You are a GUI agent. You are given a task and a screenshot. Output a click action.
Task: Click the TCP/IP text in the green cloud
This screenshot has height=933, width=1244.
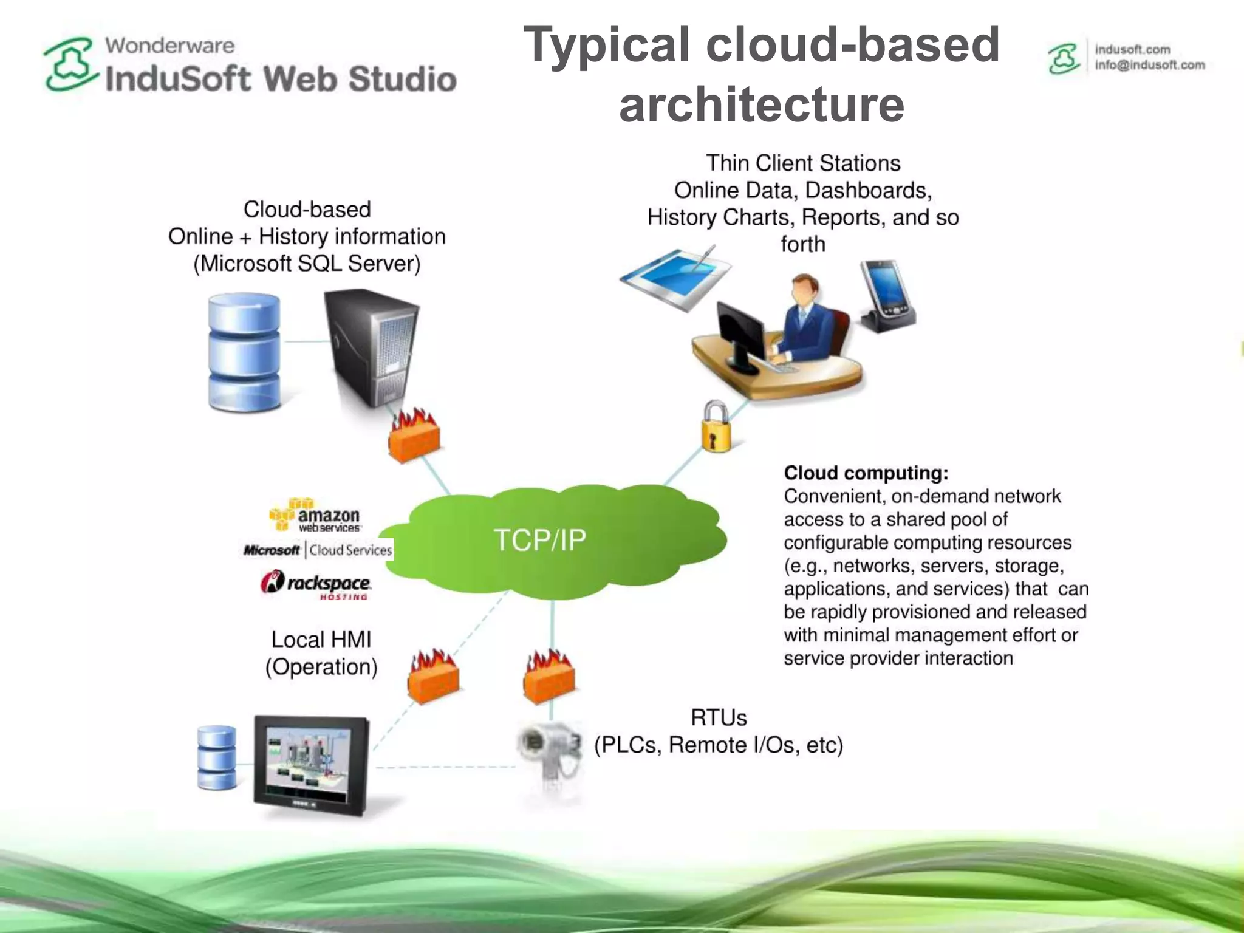tap(539, 540)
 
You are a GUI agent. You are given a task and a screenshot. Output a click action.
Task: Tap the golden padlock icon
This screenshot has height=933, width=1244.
tap(716, 428)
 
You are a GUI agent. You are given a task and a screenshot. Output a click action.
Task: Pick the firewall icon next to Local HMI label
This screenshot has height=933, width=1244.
tap(433, 677)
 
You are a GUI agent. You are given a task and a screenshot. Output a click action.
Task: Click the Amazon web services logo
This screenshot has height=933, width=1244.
tap(316, 516)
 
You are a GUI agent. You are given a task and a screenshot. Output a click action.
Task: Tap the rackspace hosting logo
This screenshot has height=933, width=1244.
tap(316, 584)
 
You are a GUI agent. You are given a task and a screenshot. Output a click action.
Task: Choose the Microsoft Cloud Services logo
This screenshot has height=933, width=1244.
tap(318, 550)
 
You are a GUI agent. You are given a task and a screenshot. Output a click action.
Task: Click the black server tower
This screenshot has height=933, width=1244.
tap(372, 347)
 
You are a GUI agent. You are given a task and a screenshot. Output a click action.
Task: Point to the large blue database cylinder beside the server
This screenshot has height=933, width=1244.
tap(244, 352)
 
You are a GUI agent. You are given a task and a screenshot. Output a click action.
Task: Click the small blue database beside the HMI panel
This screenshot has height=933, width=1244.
tap(217, 757)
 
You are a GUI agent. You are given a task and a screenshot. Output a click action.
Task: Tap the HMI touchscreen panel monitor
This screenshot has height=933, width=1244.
tap(312, 765)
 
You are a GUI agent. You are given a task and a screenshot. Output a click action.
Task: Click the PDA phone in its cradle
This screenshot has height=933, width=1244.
tap(886, 297)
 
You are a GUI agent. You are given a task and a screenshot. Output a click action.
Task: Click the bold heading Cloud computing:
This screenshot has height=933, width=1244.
tap(866, 473)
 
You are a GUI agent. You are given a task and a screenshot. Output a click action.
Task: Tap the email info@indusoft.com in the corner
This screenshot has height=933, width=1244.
tap(1149, 65)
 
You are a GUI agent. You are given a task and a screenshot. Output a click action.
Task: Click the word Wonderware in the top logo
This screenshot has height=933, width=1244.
tap(169, 46)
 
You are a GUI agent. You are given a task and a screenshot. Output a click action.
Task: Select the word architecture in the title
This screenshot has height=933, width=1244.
tap(762, 104)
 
